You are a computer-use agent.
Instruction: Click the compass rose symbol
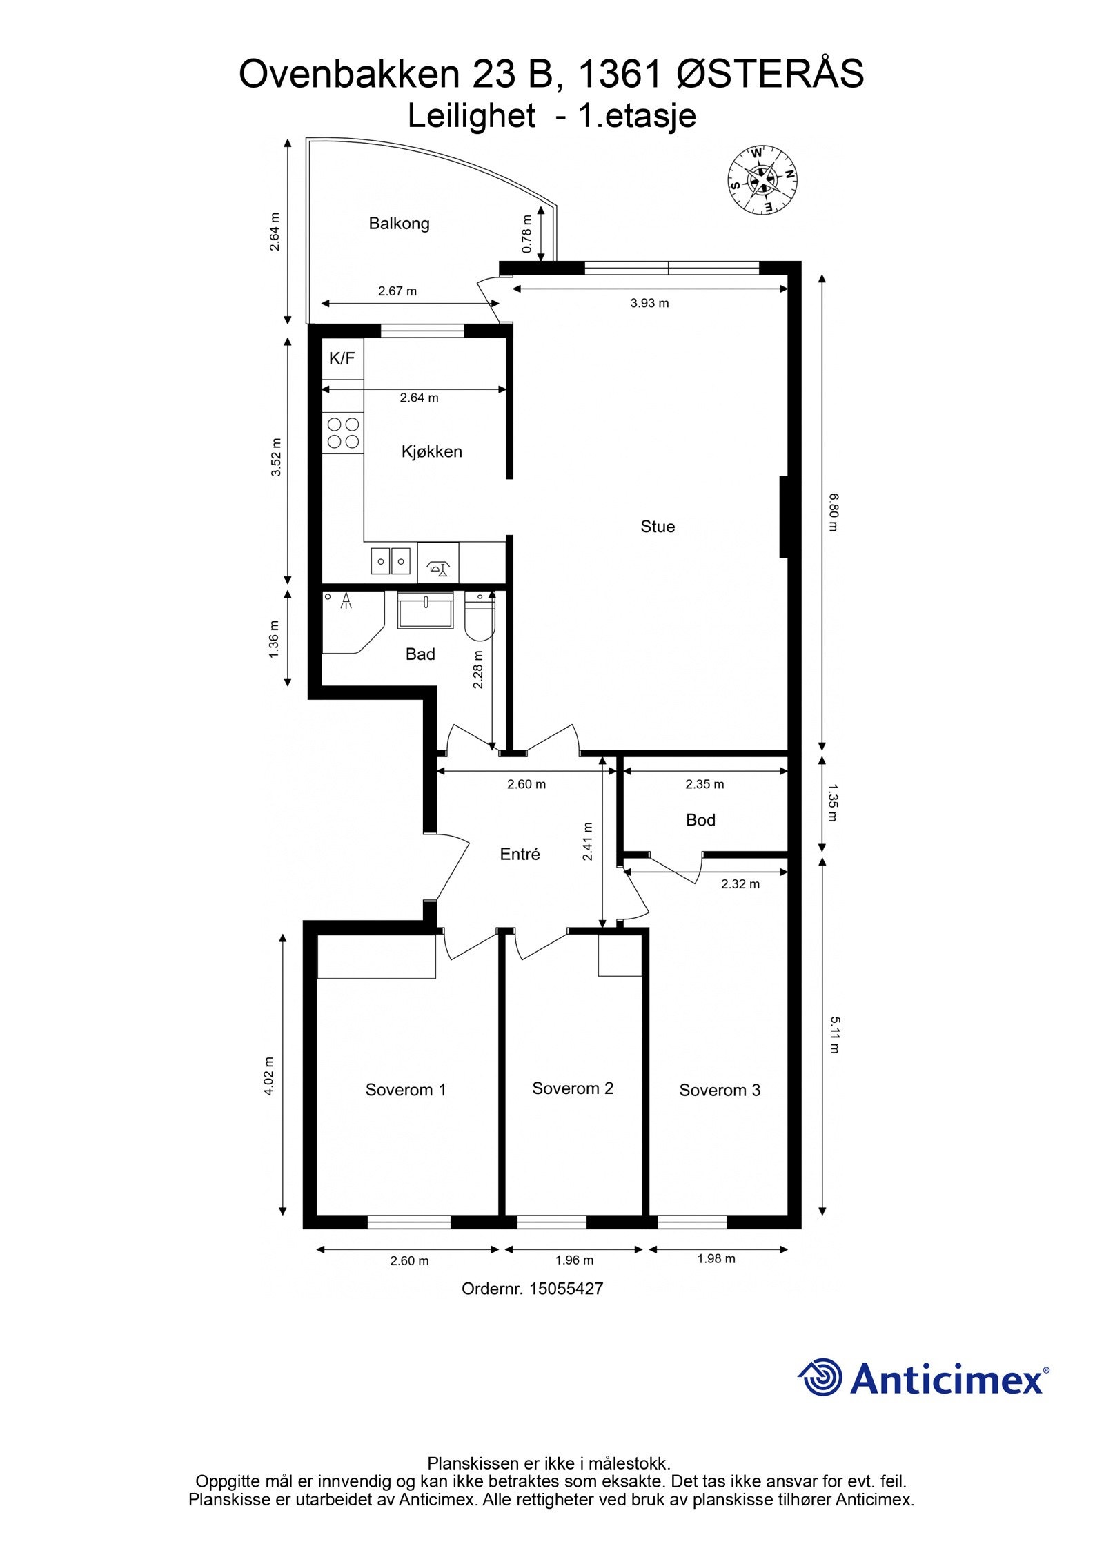click(x=762, y=179)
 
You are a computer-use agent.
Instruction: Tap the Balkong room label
click(x=399, y=224)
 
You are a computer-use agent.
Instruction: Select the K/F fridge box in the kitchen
click(x=342, y=358)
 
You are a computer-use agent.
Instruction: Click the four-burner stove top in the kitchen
click(x=343, y=433)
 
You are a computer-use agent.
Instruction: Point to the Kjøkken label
click(x=431, y=451)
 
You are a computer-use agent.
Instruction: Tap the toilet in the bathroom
click(x=480, y=616)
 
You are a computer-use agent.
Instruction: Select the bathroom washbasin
click(x=425, y=610)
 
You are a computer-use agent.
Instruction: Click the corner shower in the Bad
click(x=353, y=621)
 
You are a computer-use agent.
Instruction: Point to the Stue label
click(x=658, y=527)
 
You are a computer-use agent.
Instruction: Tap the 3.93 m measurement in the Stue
click(x=649, y=303)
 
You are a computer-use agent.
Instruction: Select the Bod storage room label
click(x=700, y=820)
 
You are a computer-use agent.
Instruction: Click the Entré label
click(x=520, y=854)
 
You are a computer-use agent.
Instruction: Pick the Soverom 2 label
click(x=573, y=1088)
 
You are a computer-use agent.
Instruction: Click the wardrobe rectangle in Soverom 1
click(x=376, y=957)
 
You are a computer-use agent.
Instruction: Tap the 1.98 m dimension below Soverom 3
click(x=716, y=1258)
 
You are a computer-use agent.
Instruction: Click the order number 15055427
click(x=566, y=1288)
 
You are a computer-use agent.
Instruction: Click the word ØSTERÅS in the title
click(x=770, y=74)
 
